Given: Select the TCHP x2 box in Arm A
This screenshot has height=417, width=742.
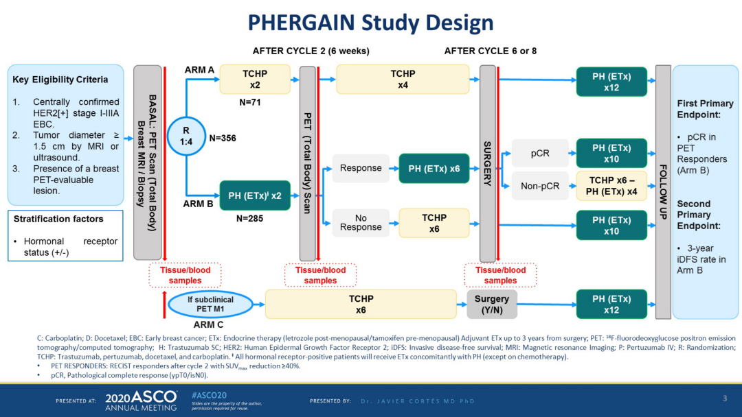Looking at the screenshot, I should pos(255,79).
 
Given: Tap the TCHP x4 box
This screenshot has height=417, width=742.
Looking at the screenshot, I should pos(403,79).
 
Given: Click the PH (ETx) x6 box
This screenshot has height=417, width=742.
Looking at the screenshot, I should pos(434,168).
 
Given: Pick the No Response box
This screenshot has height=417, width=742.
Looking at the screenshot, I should pos(361,222).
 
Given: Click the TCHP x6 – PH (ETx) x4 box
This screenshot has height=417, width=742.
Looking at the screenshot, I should pos(611,185).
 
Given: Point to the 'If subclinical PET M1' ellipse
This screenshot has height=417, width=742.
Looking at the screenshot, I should pos(210,304).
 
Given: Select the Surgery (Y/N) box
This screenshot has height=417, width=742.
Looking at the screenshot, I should pos(492,304).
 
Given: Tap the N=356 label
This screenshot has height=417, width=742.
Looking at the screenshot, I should pos(223,138).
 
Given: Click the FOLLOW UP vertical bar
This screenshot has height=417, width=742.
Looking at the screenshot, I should pos(663,191).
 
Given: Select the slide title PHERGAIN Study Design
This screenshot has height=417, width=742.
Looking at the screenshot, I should pos(370,23).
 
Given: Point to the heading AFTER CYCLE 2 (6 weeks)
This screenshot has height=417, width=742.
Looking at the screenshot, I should pos(311,51).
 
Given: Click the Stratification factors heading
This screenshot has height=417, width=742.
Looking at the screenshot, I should pos(58,219).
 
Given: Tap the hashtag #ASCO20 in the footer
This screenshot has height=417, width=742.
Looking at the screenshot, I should pos(210,395).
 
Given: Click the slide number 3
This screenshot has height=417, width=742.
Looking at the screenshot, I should pos(724,398).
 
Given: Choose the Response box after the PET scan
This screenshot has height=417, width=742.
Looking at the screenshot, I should pos(361,168).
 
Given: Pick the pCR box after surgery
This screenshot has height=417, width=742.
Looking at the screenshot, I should pos(540,152).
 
